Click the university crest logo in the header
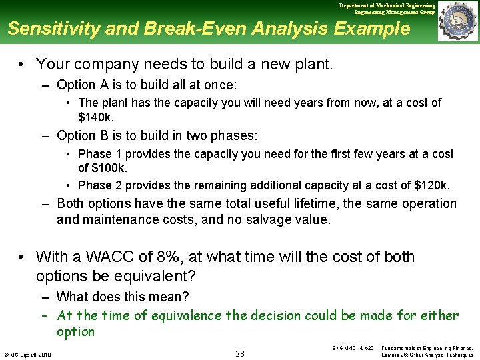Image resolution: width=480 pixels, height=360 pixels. point(457,21)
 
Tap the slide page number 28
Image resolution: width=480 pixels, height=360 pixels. point(240,353)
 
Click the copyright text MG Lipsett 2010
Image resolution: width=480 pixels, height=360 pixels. point(29,353)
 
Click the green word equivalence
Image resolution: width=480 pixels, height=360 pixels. point(189,315)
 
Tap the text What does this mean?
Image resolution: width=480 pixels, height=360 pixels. point(123,297)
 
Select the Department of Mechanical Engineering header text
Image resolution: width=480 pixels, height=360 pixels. point(387,5)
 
